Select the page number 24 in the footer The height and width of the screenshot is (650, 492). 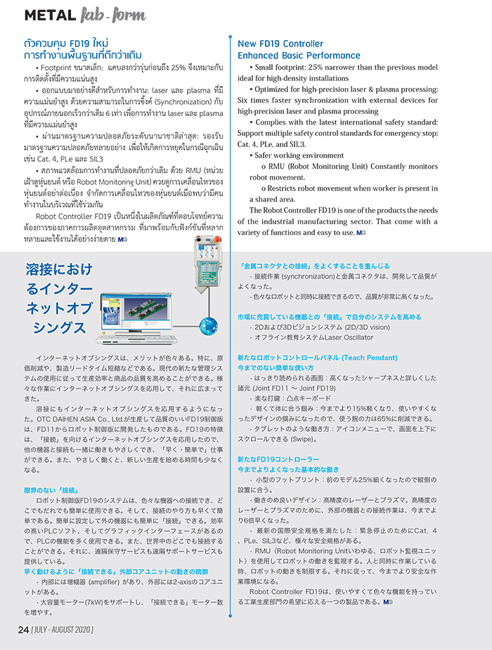[x=23, y=628]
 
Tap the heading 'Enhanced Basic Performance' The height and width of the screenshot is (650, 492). [x=299, y=56]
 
